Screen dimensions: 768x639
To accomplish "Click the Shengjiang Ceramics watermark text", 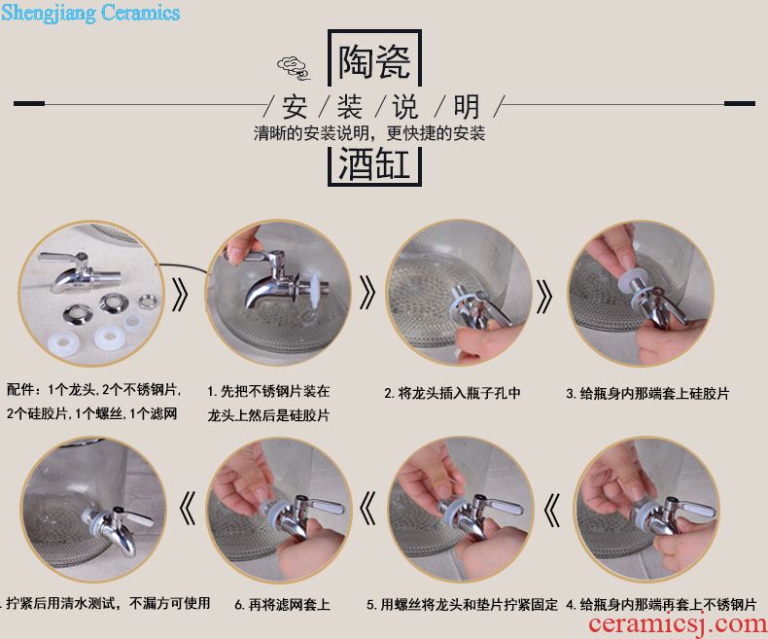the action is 90,13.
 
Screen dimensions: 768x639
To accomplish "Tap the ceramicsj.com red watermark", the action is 678,624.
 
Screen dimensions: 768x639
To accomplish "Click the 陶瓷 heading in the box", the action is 374,61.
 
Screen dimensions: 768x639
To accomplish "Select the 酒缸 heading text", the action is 374,163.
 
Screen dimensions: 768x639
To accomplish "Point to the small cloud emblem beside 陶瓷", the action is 294,68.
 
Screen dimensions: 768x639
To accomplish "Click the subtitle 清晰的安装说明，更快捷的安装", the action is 368,133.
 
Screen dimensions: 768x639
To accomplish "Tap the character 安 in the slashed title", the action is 295,107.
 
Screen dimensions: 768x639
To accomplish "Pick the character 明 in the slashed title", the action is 466,107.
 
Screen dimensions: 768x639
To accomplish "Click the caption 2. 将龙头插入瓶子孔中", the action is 452,393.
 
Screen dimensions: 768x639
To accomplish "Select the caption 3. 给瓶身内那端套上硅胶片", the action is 647,393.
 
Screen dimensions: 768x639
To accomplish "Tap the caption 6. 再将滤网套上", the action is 282,605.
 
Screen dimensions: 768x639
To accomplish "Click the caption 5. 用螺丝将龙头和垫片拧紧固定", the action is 462,605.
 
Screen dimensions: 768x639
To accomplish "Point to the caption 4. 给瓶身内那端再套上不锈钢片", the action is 661,605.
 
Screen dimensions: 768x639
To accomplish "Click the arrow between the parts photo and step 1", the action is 180,295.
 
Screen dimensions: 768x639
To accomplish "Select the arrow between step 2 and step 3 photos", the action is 544,297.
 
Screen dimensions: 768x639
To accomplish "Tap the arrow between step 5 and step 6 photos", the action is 367,507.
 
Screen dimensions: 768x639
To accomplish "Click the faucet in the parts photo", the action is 80,271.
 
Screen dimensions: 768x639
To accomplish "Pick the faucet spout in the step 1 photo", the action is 261,293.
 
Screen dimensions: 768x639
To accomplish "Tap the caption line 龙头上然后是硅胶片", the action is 268,415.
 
